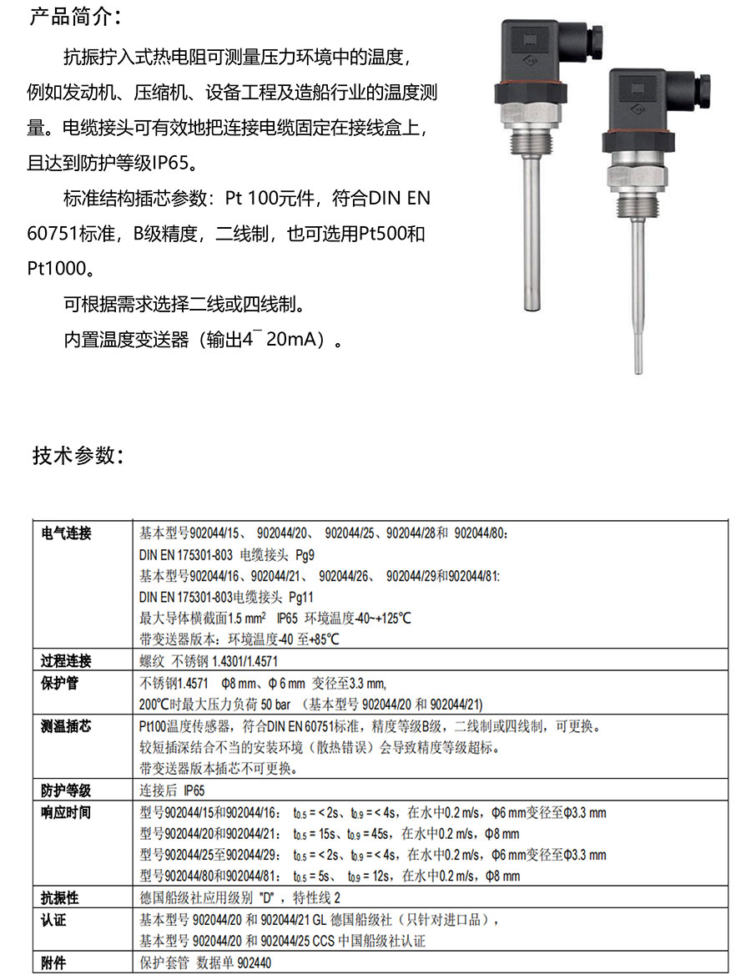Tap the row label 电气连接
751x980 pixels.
coord(66,533)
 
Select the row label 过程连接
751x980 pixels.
coord(66,660)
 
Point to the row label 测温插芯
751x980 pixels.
coord(66,726)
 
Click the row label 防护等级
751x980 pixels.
coord(66,791)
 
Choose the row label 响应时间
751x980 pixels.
coord(66,812)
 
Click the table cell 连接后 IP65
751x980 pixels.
coord(171,791)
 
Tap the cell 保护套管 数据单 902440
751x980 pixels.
coord(204,962)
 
